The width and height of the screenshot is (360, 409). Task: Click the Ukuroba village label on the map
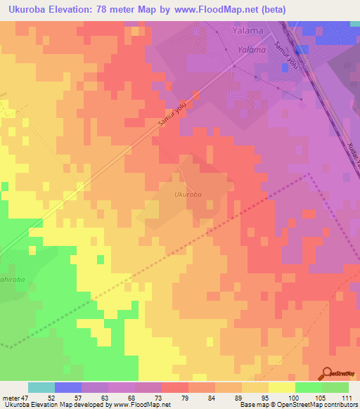(188, 194)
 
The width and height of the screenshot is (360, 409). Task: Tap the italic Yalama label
(252, 50)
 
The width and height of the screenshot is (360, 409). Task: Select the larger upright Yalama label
(248, 31)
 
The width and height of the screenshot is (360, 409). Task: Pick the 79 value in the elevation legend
(186, 397)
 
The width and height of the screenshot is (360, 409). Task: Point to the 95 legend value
(266, 397)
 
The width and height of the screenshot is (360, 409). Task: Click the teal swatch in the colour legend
(41, 387)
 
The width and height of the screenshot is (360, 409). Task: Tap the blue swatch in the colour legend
(68, 387)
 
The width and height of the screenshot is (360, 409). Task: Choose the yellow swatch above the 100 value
(282, 387)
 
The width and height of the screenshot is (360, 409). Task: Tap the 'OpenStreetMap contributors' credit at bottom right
(316, 405)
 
